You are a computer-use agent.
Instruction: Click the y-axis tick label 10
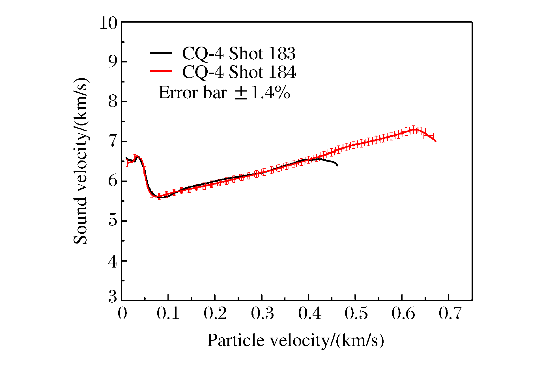pyautogui.click(x=108, y=23)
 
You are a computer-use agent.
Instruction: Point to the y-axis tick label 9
pyautogui.click(x=113, y=62)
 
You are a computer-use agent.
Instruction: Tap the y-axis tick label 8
pyautogui.click(x=113, y=101)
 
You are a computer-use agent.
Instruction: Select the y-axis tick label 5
pyautogui.click(x=113, y=220)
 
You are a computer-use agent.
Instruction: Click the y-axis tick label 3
pyautogui.click(x=113, y=297)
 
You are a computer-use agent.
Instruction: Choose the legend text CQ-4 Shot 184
pyautogui.click(x=239, y=72)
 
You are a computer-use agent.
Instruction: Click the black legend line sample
pyautogui.click(x=160, y=53)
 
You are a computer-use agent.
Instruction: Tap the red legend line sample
pyautogui.click(x=160, y=71)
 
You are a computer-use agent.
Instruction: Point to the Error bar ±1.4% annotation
pyautogui.click(x=224, y=92)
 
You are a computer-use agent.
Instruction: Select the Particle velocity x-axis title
pyautogui.click(x=296, y=340)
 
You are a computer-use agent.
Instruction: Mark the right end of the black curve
pyautogui.click(x=337, y=166)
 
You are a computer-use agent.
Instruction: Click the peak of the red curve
pyautogui.click(x=414, y=130)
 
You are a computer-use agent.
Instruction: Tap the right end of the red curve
pyautogui.click(x=435, y=141)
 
